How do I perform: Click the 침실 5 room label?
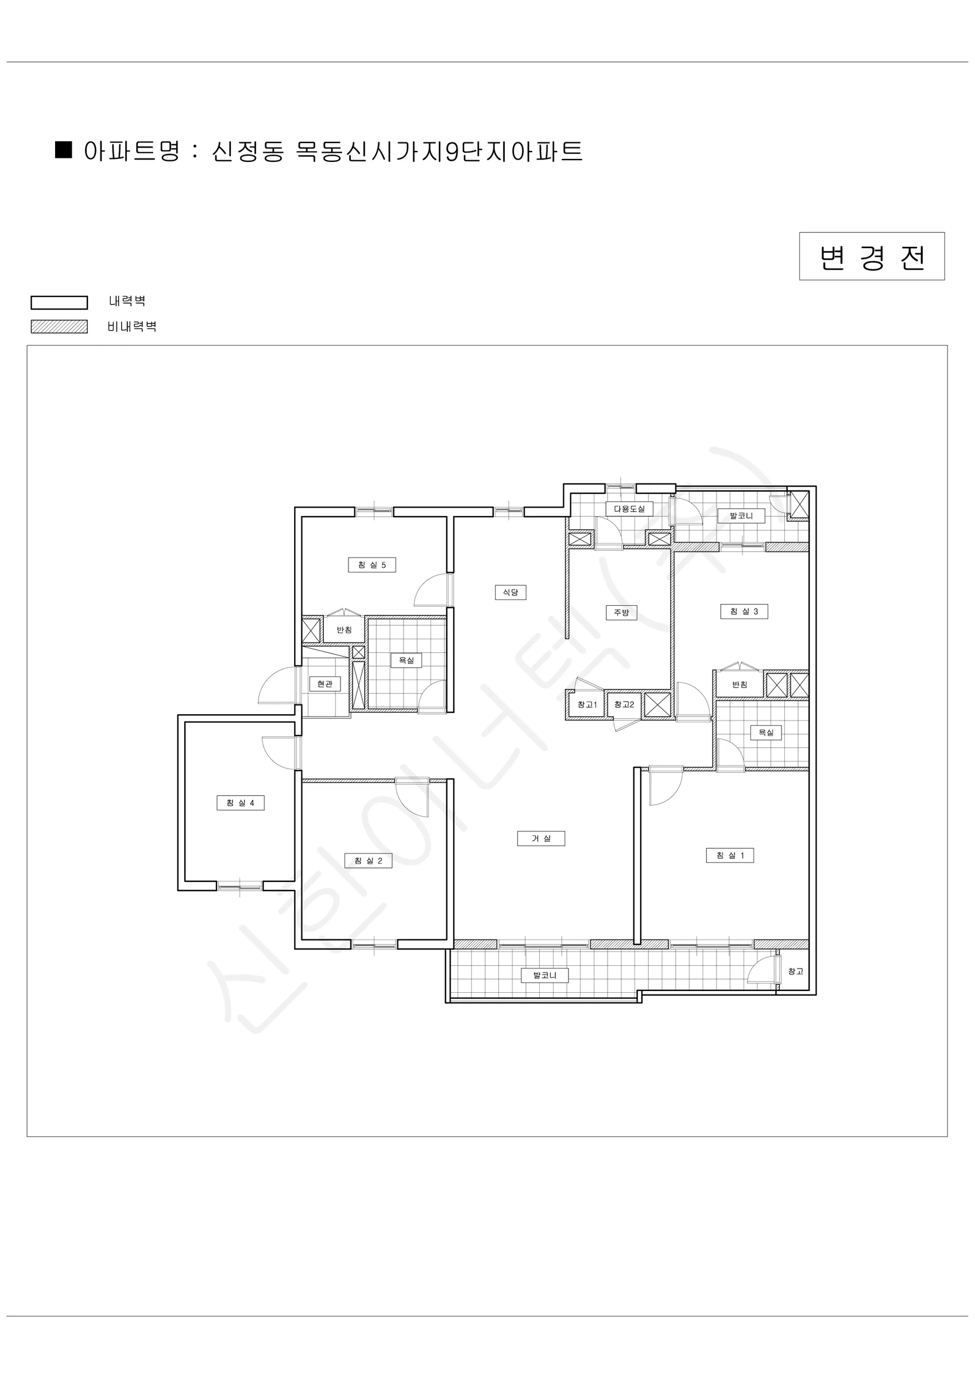372,565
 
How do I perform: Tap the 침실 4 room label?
240,803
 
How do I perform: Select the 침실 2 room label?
368,861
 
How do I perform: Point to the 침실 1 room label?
729,856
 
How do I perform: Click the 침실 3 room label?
744,611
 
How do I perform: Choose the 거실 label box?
541,838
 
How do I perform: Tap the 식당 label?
510,593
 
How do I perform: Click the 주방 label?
621,613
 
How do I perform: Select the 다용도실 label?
629,509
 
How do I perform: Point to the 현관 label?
325,684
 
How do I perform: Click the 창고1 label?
587,705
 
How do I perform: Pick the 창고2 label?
624,705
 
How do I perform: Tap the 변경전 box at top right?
872,256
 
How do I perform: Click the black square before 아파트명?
64,150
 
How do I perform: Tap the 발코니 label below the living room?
544,976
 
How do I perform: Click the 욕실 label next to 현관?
407,660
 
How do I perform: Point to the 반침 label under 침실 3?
740,685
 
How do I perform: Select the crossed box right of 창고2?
657,705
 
